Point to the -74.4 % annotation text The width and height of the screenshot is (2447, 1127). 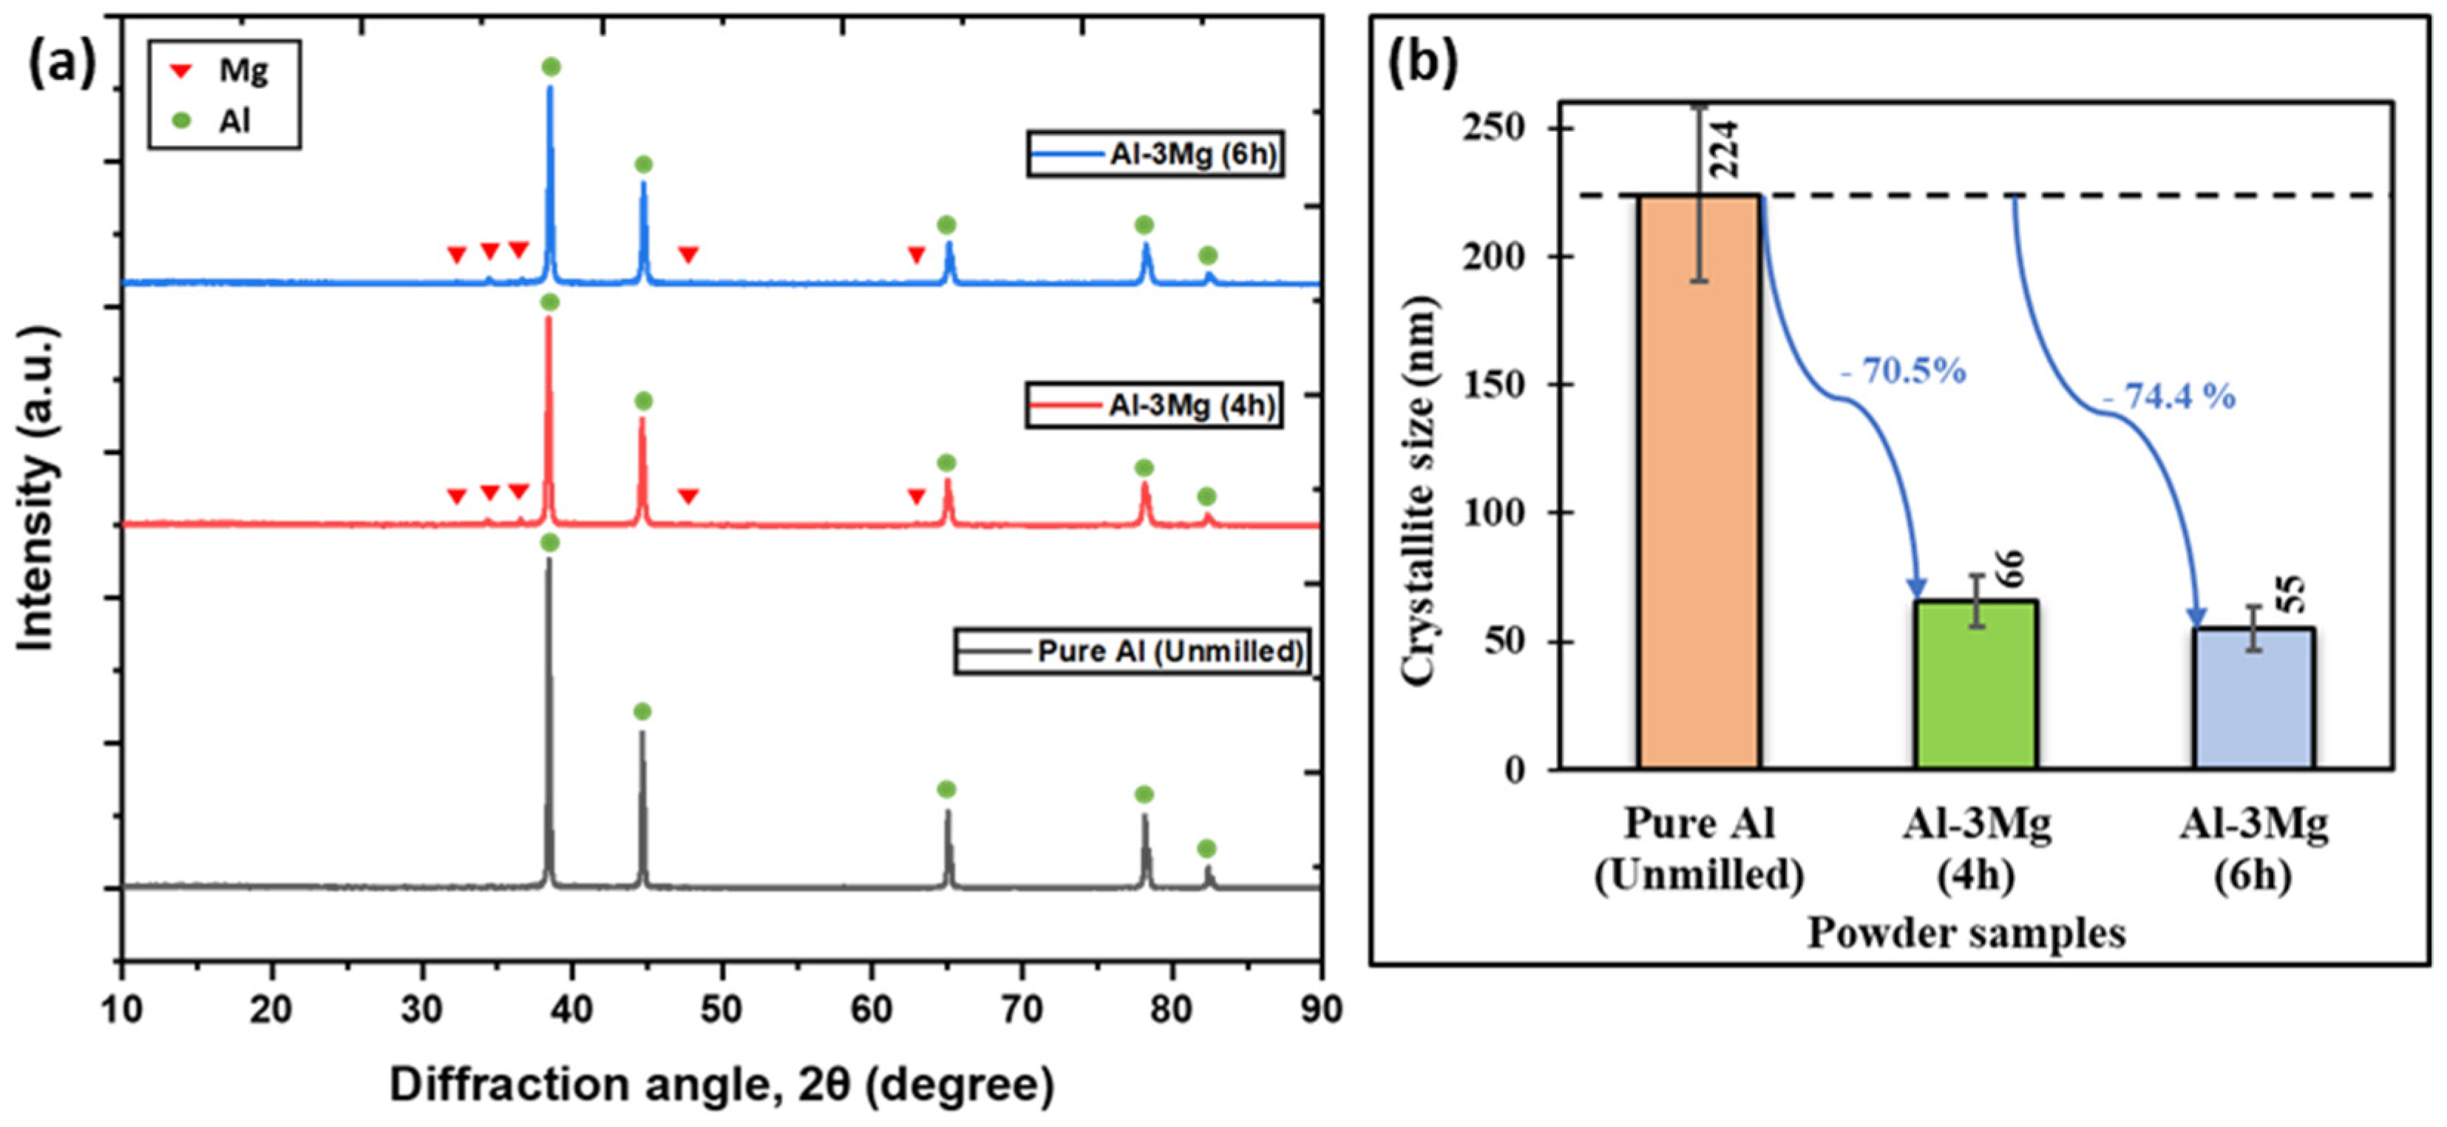pyautogui.click(x=2169, y=396)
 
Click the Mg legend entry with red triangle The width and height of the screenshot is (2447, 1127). pyautogui.click(x=220, y=70)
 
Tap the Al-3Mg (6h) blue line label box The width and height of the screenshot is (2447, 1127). pyautogui.click(x=1155, y=154)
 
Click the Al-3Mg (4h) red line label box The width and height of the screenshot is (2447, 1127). pyautogui.click(x=1153, y=406)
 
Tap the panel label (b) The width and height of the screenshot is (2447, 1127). pyautogui.click(x=1422, y=64)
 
